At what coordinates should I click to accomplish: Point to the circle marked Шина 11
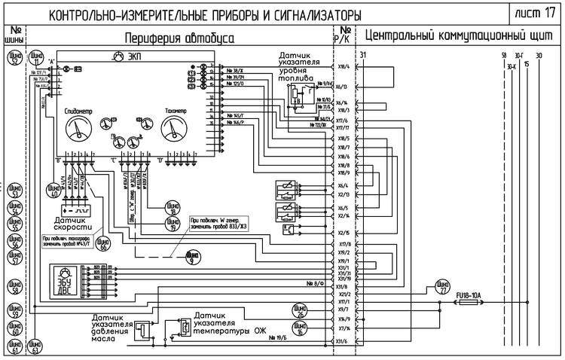click(x=35, y=59)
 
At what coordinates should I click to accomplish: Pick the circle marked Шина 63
click(x=35, y=347)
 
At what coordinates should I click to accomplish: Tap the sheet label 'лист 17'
click(x=536, y=13)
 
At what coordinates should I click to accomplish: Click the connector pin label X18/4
click(x=344, y=66)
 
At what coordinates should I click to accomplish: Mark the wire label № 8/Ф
click(x=315, y=284)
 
